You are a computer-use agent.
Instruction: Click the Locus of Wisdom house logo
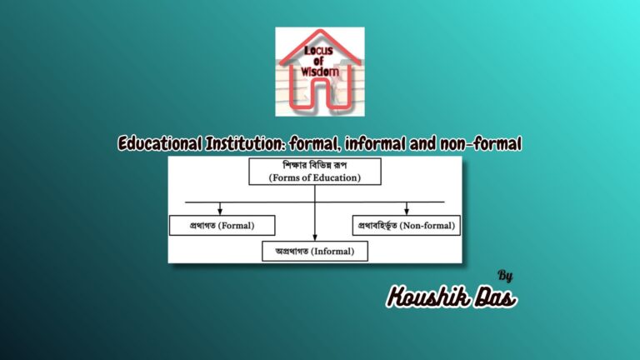(x=320, y=72)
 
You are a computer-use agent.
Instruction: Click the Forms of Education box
(x=314, y=171)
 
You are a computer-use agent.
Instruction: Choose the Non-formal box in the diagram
(x=407, y=225)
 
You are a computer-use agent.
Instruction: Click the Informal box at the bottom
(x=315, y=250)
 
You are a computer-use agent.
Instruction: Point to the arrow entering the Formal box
(x=220, y=210)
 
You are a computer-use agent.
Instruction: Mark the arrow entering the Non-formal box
(x=407, y=210)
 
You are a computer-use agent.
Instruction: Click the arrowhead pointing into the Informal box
(x=315, y=237)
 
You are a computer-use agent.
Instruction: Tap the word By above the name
(x=505, y=275)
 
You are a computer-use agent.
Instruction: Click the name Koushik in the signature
(x=430, y=296)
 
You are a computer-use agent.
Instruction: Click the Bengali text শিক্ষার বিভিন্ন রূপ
(x=314, y=165)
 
